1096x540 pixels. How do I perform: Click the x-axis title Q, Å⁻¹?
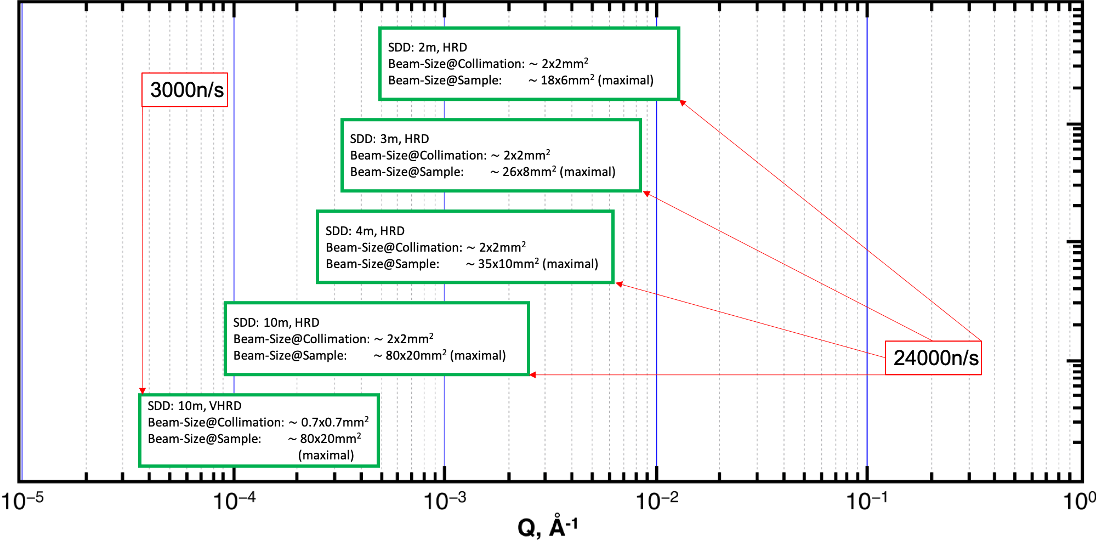tap(547, 527)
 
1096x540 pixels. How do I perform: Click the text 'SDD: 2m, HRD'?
tap(428, 48)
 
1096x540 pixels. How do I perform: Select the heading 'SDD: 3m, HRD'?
tap(389, 139)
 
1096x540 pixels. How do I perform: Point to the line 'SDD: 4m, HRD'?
tap(365, 231)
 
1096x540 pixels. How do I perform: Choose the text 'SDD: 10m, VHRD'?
tap(195, 406)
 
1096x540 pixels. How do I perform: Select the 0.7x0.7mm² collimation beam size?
tap(334, 422)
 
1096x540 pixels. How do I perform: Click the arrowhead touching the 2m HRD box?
tap(683, 103)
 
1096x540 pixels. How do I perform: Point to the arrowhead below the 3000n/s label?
tap(143, 391)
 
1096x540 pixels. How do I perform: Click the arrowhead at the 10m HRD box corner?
tap(532, 375)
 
